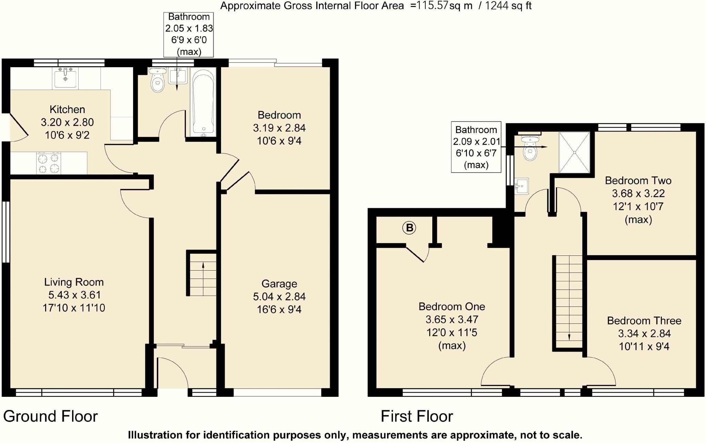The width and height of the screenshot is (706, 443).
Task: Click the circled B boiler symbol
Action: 409,228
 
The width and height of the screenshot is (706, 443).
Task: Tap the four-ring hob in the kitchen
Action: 49,163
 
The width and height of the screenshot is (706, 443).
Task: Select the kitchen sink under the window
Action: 65,78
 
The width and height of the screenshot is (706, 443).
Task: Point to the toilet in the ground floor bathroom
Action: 158,81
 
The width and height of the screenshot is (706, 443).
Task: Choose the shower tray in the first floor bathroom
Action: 574,152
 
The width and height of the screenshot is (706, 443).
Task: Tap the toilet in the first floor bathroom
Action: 530,149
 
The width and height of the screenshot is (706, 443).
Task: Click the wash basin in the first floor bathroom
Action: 521,187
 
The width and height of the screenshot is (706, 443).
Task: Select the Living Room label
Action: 74,282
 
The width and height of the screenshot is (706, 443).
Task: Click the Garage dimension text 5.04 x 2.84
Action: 279,296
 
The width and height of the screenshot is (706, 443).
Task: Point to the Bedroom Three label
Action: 644,321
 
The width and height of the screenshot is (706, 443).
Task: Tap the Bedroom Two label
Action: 638,181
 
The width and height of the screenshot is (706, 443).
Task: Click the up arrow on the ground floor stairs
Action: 203,265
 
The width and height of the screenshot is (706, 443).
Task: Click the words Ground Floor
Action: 51,416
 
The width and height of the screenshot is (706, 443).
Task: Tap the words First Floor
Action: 417,416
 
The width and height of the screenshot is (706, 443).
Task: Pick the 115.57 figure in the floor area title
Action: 432,6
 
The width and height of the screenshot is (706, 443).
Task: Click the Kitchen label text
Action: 67,110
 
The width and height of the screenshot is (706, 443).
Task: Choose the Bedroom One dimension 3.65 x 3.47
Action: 452,320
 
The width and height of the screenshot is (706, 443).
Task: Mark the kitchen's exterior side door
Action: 18,127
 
